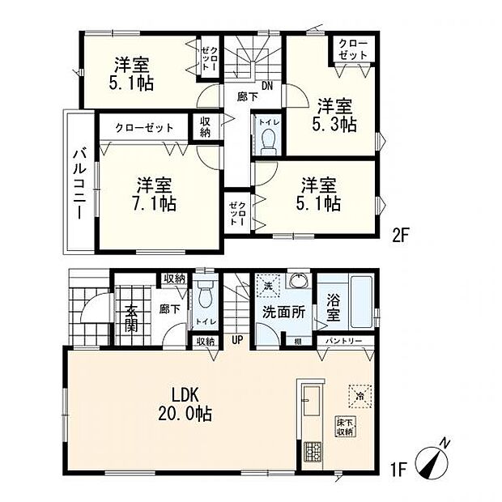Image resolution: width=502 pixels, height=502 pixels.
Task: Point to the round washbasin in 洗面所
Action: (299, 283)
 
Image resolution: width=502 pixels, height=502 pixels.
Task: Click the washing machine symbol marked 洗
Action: (267, 286)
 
